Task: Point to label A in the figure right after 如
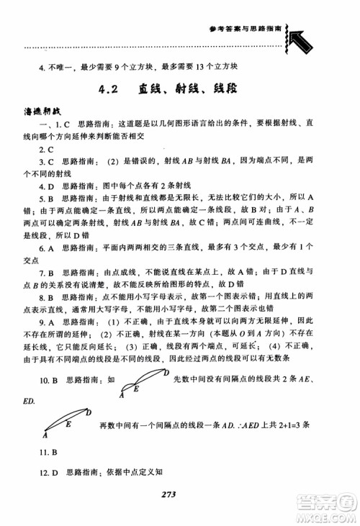point(122,395)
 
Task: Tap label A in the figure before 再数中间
point(45,436)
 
